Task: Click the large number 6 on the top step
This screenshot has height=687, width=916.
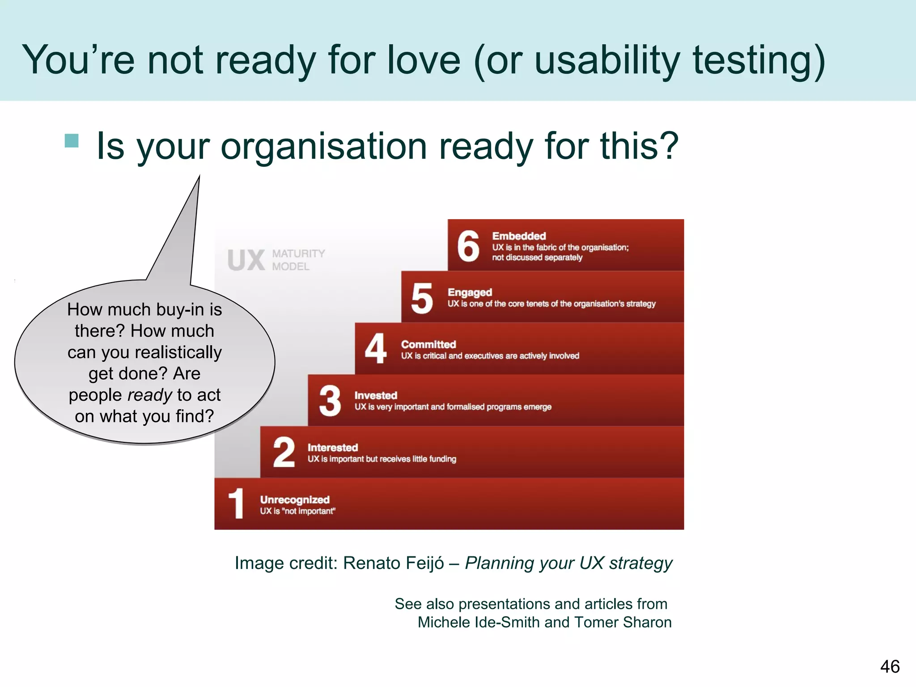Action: tap(468, 246)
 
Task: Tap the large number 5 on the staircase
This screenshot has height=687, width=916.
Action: tap(422, 298)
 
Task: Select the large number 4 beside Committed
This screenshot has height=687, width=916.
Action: tap(376, 348)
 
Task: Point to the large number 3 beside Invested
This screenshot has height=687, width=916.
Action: tap(330, 400)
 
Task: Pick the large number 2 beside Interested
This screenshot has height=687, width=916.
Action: tap(284, 452)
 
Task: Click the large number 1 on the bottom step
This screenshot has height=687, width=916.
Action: tap(236, 504)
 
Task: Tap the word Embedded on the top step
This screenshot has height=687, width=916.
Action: tap(519, 236)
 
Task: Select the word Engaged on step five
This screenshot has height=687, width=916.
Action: tap(470, 292)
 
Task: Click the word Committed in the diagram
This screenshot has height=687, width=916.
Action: tap(428, 344)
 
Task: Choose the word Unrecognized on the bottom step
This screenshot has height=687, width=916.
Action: tap(295, 500)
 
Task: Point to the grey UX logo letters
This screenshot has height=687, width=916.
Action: tap(246, 260)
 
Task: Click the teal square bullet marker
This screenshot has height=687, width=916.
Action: tap(72, 140)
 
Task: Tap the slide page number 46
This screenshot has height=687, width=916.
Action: tap(890, 666)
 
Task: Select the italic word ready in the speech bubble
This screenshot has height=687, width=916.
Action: tap(149, 395)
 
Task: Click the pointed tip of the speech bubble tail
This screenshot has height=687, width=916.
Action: tap(199, 177)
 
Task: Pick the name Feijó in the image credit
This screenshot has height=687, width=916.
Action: tap(421, 563)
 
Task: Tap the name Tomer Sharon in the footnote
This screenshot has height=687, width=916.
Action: tap(623, 622)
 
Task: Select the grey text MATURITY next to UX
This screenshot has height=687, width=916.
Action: tap(298, 254)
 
